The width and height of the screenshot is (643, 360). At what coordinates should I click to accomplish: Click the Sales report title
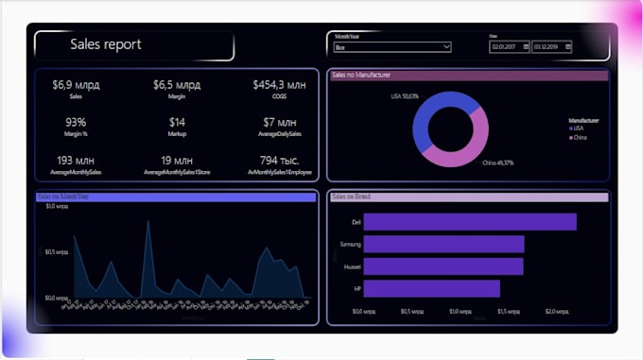106,44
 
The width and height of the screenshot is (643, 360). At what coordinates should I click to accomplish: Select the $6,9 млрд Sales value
77,85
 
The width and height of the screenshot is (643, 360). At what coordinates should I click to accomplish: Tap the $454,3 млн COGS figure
281,85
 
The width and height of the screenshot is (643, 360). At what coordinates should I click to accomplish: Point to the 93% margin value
77,122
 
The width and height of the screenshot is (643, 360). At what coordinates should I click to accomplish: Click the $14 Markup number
178,122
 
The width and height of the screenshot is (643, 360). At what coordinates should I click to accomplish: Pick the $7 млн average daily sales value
281,122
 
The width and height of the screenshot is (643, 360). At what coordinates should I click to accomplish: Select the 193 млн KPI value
77,161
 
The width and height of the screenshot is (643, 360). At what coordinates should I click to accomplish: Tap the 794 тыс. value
281,161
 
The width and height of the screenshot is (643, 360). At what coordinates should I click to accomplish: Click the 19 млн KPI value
178,161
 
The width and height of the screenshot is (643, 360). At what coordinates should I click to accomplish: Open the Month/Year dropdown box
392,46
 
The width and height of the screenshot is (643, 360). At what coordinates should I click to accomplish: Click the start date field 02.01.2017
509,46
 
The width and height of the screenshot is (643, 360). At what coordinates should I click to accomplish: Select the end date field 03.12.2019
551,46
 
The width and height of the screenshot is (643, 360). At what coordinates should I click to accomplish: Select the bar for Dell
469,222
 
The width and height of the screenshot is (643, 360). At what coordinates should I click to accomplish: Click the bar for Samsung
443,245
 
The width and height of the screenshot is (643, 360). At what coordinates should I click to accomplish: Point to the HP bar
431,289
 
